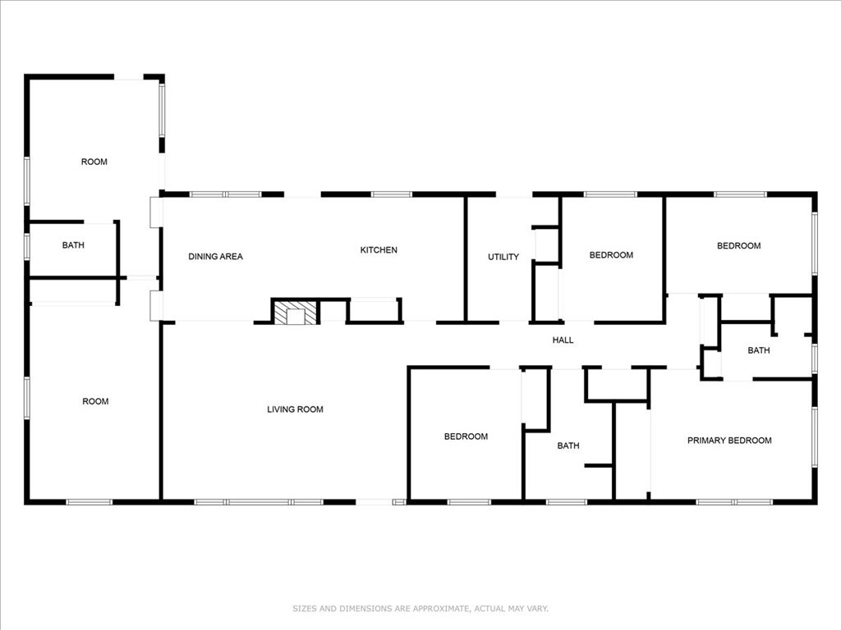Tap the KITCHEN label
(x=379, y=250)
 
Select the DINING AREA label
(x=216, y=257)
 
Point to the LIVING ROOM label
(x=295, y=409)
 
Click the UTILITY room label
(x=503, y=257)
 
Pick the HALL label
(x=563, y=340)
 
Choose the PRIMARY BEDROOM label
(x=729, y=441)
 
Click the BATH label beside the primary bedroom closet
(x=568, y=445)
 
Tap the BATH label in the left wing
(x=73, y=245)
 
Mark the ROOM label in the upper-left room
(x=94, y=162)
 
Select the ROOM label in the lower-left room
(x=95, y=401)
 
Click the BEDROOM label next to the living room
(x=466, y=436)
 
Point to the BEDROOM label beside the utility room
(x=611, y=255)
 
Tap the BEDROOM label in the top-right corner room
(x=739, y=246)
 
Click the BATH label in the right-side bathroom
(x=759, y=350)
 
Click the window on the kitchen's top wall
(x=392, y=194)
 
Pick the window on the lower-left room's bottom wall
(x=89, y=502)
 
